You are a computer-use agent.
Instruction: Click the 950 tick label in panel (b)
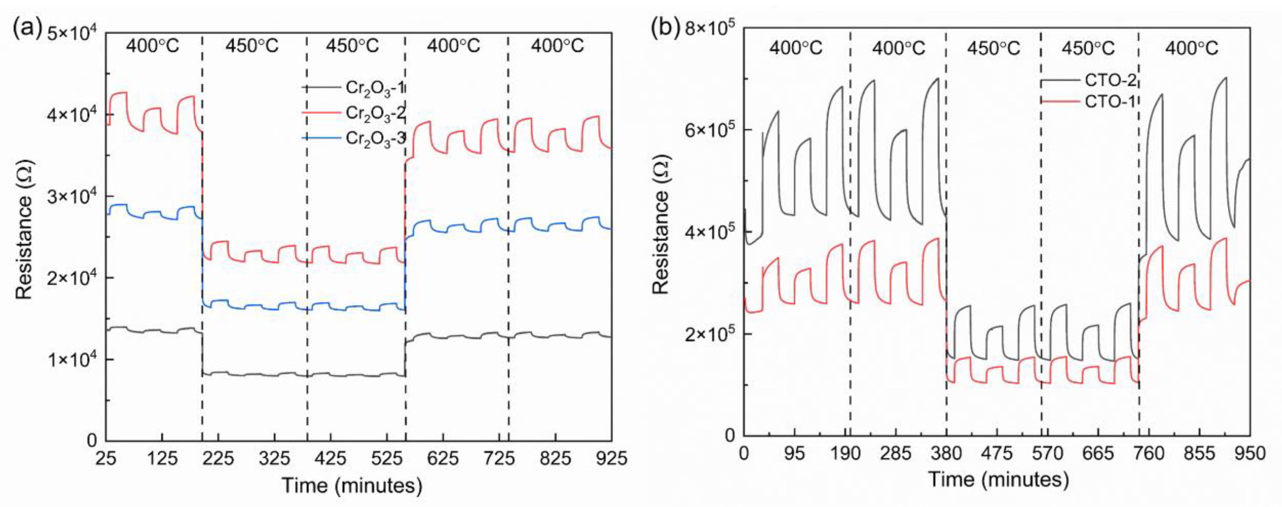(1249, 453)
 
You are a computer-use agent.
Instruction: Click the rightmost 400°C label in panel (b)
(1192, 48)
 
